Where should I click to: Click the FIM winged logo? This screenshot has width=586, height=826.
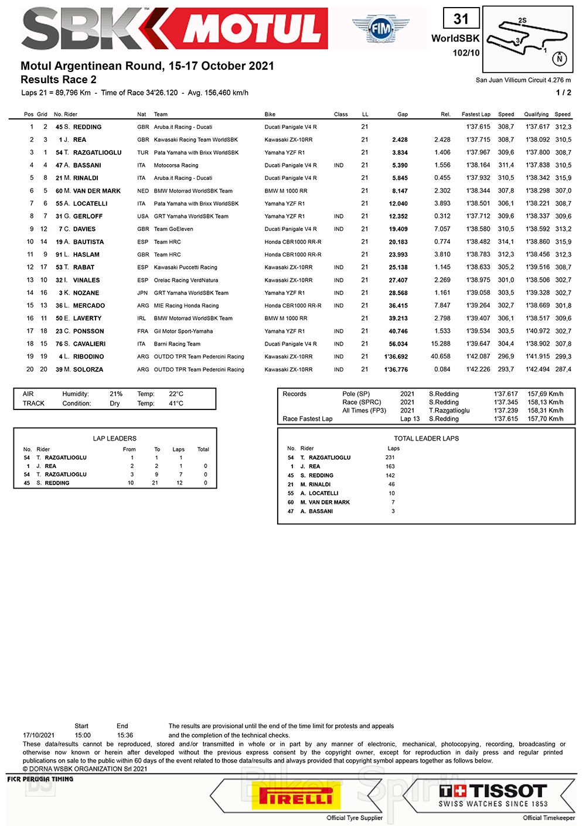coord(380,28)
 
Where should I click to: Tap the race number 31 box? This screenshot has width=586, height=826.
coord(461,19)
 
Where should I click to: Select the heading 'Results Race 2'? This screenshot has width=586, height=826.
coord(59,80)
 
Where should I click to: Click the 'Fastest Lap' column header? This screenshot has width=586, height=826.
coord(476,114)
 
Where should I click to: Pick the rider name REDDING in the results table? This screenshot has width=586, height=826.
coord(87,127)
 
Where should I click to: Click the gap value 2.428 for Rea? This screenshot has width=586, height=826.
coord(400,140)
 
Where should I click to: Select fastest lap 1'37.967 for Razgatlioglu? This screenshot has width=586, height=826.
coord(478,152)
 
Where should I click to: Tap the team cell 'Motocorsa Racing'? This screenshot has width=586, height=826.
coord(176,165)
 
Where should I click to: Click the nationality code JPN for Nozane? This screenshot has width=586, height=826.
coord(142,293)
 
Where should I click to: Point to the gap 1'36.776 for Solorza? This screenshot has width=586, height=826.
coord(396,370)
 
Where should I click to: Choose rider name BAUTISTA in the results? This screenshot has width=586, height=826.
coord(88,242)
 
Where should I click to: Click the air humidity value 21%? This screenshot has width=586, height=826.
coord(116,394)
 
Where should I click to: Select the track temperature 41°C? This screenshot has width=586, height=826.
coord(176,404)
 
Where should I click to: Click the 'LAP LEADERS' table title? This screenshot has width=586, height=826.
coord(115,438)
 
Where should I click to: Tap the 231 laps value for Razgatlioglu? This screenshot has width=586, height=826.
coord(390,458)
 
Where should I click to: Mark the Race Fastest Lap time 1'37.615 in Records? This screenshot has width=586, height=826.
coord(506,419)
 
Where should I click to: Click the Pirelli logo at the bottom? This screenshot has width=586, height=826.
coord(296,797)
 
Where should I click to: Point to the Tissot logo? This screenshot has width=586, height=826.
coord(493,796)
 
